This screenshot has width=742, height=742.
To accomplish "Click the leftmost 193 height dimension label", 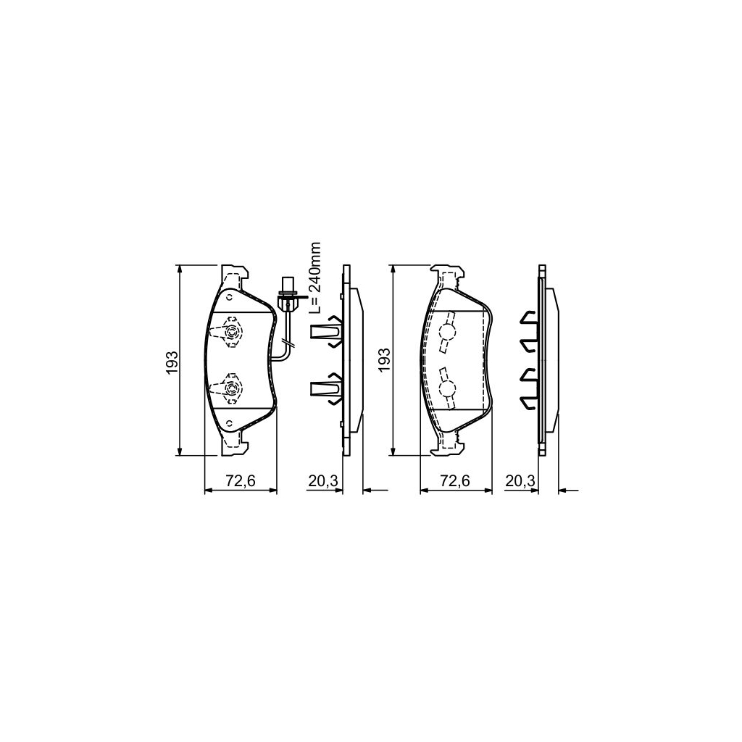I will click(x=171, y=362).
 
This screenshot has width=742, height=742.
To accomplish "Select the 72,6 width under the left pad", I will click(x=241, y=480).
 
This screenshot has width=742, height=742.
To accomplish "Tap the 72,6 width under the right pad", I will click(x=457, y=480).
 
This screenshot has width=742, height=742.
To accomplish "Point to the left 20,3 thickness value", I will click(x=321, y=480).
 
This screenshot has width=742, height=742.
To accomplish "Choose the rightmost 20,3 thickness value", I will click(x=521, y=480).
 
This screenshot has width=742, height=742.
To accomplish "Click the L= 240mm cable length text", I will click(x=316, y=278).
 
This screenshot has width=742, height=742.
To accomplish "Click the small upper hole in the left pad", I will click(x=230, y=296).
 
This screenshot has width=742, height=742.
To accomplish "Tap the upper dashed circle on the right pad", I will click(x=447, y=332).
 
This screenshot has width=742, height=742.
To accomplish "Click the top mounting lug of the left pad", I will click(x=233, y=275).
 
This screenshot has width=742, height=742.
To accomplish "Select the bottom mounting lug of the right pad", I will click(x=446, y=447).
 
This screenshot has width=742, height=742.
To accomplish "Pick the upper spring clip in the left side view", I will click(x=327, y=333).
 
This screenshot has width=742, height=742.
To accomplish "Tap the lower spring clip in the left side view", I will click(x=327, y=389).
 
